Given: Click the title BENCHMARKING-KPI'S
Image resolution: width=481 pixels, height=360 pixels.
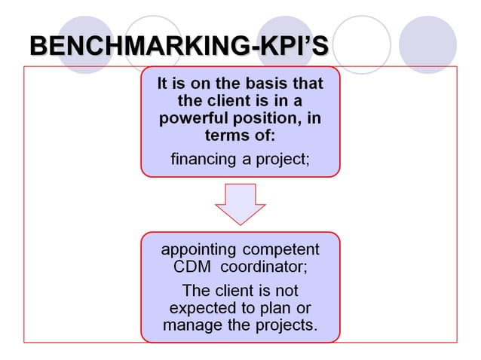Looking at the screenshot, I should coord(179,46).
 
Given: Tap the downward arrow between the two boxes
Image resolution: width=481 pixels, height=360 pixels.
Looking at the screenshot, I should coord(240,203).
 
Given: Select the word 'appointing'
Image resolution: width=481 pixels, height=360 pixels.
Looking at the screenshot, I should coord(198,249).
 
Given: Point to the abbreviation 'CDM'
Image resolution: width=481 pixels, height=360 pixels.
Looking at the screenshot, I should coord(183,267).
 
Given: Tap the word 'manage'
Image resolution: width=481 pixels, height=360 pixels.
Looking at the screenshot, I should coord(189,326).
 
